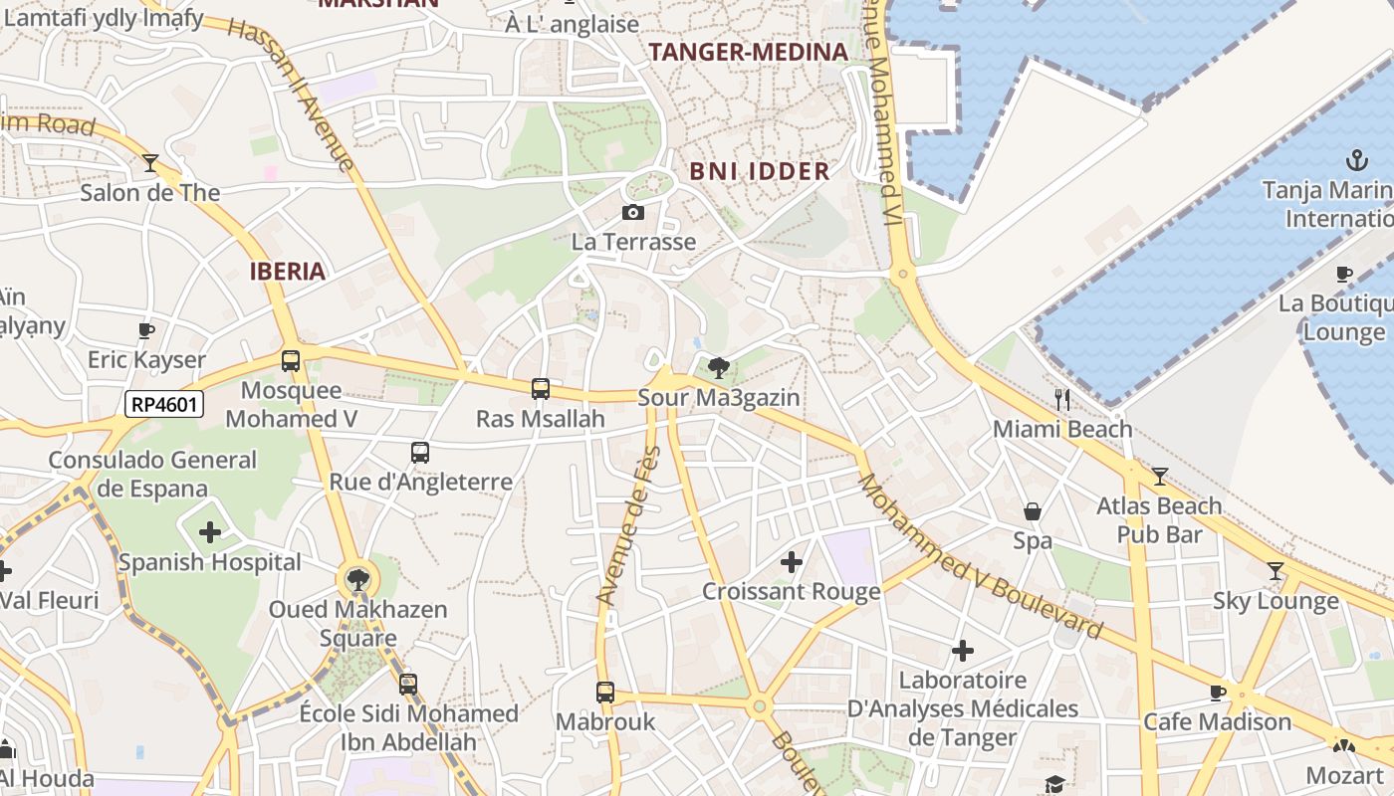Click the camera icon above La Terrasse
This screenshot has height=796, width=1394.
(632, 212)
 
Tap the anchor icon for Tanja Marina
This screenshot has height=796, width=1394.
(1356, 159)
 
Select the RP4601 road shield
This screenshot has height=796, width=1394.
(164, 404)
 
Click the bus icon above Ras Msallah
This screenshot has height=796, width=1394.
(541, 389)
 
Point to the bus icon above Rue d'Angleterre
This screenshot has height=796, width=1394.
(420, 453)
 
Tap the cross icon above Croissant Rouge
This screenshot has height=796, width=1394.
(792, 562)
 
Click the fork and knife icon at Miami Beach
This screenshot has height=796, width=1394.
(1062, 400)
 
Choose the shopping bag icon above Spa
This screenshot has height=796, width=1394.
(1033, 511)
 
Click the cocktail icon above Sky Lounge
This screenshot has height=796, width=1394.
(1275, 571)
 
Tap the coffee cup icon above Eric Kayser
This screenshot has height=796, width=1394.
(146, 330)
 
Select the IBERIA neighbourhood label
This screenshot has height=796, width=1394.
(288, 272)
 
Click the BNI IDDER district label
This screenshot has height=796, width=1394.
(760, 171)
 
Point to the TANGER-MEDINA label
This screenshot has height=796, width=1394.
(749, 52)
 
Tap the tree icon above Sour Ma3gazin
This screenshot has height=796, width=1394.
(718, 368)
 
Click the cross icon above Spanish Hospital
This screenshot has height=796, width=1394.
(210, 532)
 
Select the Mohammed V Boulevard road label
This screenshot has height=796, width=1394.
(981, 556)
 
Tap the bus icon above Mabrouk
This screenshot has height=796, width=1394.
(605, 693)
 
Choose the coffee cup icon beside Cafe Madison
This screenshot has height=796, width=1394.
(1218, 693)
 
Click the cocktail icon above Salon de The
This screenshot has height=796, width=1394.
(150, 162)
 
